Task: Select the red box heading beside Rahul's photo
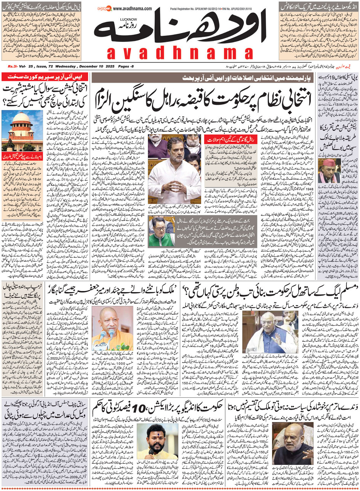[221, 139]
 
